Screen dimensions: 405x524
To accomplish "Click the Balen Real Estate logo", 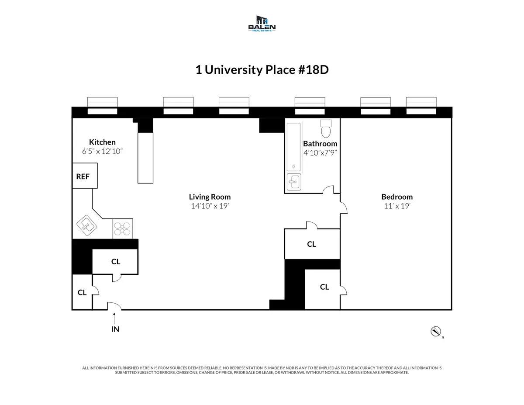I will [x=262, y=24].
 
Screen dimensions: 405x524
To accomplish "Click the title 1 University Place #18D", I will [x=262, y=70].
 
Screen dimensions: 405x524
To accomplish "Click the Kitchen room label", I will [x=102, y=142].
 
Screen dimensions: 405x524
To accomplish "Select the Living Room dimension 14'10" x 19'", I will [x=210, y=206].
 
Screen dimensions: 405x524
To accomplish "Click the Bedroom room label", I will [x=396, y=197].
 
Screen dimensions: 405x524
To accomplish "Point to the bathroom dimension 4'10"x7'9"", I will [x=320, y=153].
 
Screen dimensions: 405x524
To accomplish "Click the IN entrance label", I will [x=115, y=329].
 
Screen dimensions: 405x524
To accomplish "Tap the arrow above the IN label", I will [x=115, y=317].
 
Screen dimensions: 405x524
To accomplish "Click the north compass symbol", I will [x=435, y=332].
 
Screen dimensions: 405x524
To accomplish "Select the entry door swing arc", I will [x=114, y=306].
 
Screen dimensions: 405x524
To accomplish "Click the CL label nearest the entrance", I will [x=82, y=293].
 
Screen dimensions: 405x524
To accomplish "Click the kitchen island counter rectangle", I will [x=145, y=158].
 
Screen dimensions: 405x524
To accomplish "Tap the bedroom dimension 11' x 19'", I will [x=396, y=206].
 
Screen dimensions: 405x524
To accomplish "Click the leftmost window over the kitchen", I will [x=103, y=106].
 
